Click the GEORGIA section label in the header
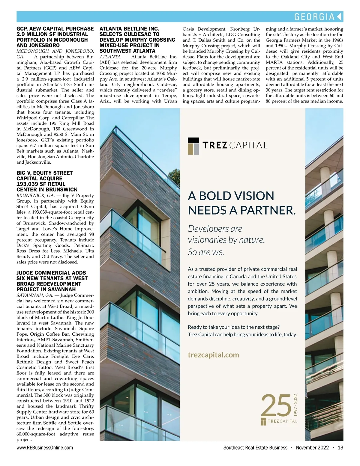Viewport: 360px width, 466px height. click(314, 17)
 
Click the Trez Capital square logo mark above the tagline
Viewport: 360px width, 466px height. click(193, 146)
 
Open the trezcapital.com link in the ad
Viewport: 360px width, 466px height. click(213, 355)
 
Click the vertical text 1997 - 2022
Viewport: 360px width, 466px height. click(295, 405)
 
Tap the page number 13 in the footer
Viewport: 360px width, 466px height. click(340, 448)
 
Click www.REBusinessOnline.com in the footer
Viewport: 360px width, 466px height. click(45, 448)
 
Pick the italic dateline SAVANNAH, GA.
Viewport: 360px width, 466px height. click(35, 295)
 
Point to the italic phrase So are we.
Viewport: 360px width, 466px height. click(206, 252)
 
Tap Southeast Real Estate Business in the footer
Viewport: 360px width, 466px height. click(255, 448)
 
